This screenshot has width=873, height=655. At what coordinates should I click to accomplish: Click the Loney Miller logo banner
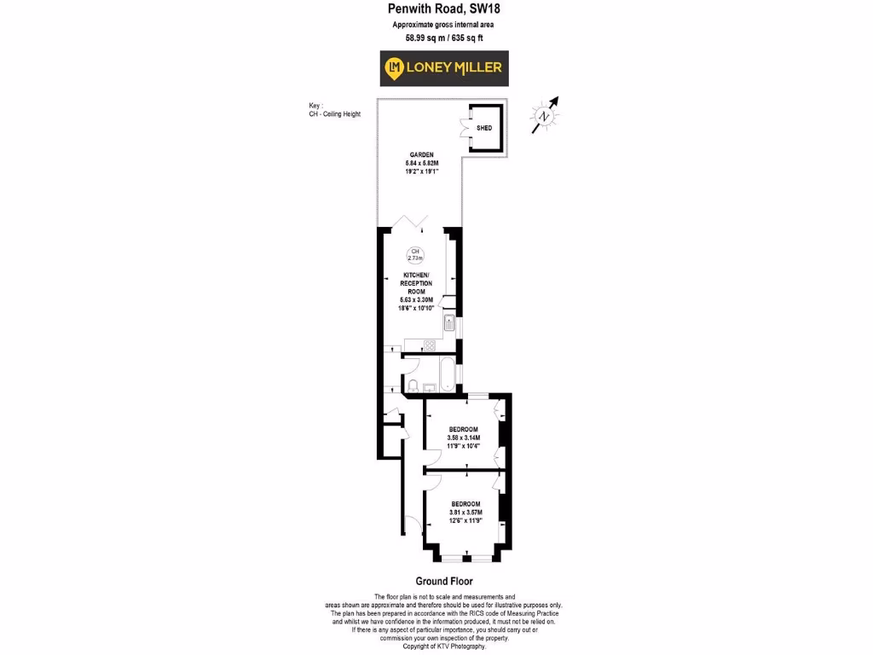[x=443, y=68]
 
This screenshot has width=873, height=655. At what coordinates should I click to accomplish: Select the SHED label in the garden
[x=484, y=128]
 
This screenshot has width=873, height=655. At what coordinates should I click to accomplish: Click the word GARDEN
[x=417, y=155]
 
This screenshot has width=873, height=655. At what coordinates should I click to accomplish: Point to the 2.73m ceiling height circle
[x=415, y=254]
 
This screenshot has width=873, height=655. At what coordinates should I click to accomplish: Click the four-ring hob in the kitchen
[x=430, y=345]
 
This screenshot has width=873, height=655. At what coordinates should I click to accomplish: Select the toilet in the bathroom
[x=413, y=388]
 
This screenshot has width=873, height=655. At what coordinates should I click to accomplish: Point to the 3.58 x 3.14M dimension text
[x=464, y=438]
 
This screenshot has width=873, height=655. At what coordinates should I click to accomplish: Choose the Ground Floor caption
[x=444, y=582]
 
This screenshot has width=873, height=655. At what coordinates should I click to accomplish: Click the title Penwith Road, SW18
[x=444, y=11]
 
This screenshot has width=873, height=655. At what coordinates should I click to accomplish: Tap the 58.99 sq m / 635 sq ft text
[x=443, y=38]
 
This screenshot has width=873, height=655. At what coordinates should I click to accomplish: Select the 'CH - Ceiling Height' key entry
[x=335, y=113]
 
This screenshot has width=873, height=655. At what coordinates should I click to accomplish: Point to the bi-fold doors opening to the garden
[x=417, y=223]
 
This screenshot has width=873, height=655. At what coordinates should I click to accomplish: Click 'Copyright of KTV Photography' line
[x=443, y=646]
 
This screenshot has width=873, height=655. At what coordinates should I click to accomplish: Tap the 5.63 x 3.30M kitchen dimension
[x=417, y=299]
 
